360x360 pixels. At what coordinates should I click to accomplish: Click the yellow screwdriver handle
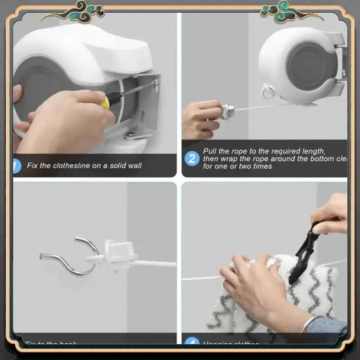pos(104,103)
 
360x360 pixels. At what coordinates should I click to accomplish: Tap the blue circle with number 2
pos(192,158)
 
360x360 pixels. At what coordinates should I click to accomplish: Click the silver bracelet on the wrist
pos(308,325)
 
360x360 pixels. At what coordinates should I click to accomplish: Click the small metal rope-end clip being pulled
pos(228,111)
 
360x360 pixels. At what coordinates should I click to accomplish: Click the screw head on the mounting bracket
pos(155,83)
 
